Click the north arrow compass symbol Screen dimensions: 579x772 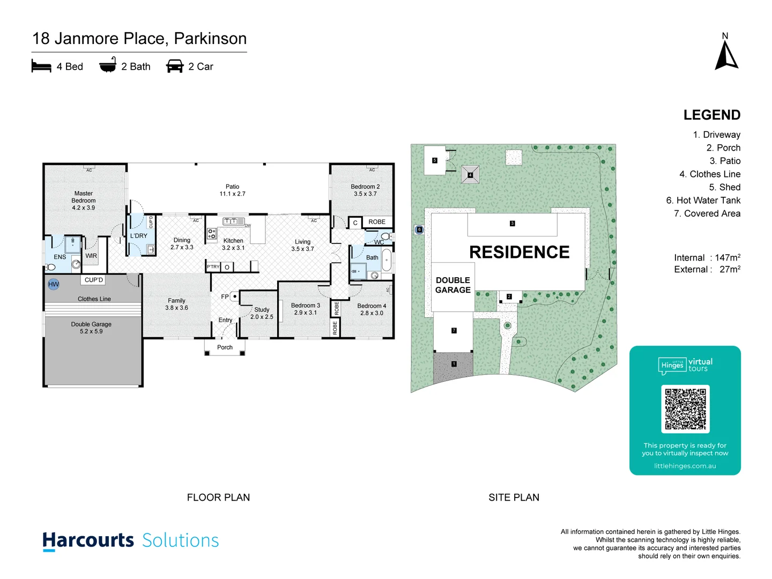pos(726,56)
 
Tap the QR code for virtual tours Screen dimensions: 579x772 pos(685,409)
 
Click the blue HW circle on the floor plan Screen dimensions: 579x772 pos(54,284)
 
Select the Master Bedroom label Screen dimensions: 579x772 pos(84,201)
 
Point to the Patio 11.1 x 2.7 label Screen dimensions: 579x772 pos(232,190)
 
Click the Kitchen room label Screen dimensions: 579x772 pos(233,244)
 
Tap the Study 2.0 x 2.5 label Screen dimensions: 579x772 pos(262,313)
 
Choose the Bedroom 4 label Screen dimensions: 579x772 pos(372,309)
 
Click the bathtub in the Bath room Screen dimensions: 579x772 pos(386,261)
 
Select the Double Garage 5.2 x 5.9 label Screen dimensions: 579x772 pos(91,328)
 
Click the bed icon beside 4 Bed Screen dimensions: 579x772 pos(41,66)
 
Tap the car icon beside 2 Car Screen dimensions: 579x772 pos(175,66)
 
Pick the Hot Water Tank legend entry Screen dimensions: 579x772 pos(703,201)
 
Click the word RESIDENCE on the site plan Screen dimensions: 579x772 pos(519,252)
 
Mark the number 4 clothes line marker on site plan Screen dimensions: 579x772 pos(470,175)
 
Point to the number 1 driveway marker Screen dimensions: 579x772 pos(454,364)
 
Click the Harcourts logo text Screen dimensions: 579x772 pos(88,540)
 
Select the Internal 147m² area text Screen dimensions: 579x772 pos(707,258)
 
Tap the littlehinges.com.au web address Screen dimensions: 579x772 pos(685,466)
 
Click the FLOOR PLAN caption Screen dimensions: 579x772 pos(218,498)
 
